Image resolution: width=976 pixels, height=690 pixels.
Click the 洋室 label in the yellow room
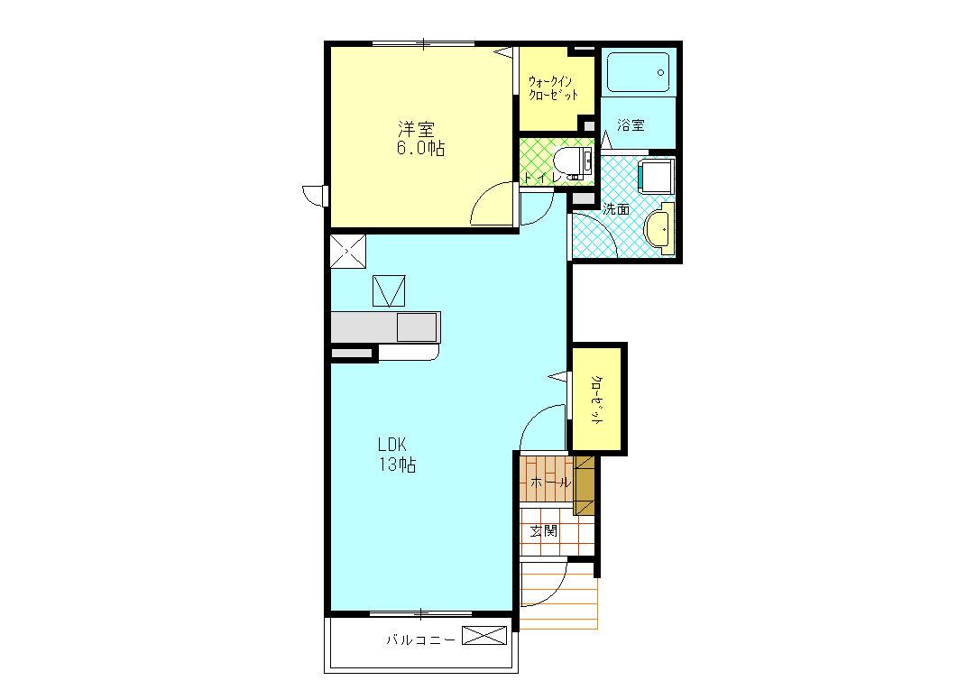[417, 129]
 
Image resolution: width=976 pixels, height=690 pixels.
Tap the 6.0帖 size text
[420, 149]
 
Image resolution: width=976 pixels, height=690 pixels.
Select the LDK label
[392, 445]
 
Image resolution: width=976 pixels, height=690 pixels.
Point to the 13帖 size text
[398, 465]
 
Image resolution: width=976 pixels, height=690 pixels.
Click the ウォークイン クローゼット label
[553, 88]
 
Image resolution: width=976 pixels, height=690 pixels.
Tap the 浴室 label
[631, 125]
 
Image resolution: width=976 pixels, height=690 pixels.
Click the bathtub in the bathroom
[638, 72]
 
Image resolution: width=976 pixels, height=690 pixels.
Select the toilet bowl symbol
[574, 165]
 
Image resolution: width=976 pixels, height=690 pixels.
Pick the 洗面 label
[615, 209]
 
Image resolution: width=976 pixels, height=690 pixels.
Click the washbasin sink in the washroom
[659, 229]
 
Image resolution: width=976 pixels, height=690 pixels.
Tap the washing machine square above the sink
[657, 176]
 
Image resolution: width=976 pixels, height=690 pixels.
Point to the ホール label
[549, 483]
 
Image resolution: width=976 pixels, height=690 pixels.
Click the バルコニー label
[420, 639]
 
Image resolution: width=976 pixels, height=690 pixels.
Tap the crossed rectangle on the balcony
[485, 636]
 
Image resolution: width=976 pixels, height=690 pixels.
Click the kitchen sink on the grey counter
[417, 327]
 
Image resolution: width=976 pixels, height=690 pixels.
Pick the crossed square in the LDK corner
[348, 251]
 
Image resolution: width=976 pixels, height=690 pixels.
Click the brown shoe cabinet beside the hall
[585, 485]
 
